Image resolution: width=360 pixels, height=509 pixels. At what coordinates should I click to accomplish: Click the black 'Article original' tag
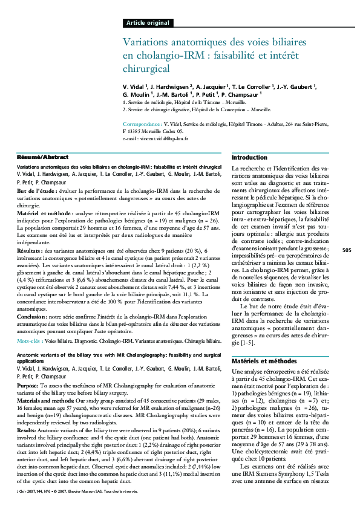coord(148,23)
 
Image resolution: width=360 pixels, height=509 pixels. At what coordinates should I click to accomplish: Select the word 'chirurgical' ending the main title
coord(146,70)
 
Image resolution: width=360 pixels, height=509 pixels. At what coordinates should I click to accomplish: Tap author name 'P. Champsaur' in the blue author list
coord(242,95)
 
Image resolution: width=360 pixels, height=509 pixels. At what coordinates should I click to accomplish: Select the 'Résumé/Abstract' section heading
coord(38,156)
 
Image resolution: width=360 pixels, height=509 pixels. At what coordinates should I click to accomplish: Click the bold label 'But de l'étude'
coord(38,190)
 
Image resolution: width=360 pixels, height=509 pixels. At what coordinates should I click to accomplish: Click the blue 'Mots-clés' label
coord(28,325)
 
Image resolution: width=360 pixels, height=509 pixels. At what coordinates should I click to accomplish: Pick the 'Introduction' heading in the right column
coord(249,157)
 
